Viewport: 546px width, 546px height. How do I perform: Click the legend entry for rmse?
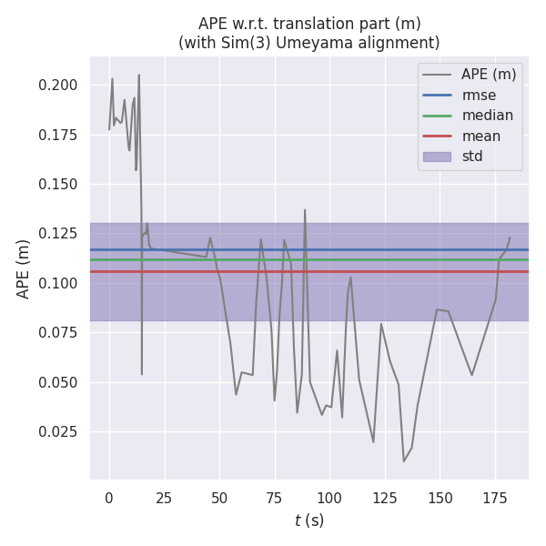point(479,96)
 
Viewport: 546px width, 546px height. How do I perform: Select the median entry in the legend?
point(487,116)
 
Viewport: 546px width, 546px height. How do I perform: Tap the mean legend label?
point(480,136)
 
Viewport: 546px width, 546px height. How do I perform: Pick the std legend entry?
point(472,156)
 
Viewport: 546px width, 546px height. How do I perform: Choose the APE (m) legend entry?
point(488,76)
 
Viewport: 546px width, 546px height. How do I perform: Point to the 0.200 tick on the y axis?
point(56,86)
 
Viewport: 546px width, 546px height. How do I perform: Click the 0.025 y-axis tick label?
point(56,431)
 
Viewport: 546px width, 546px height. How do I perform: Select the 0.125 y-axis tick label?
point(56,234)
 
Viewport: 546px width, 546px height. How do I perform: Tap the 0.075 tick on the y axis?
point(56,333)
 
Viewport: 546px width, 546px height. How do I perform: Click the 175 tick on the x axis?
point(496,498)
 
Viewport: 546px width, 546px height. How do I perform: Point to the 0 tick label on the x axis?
point(109,498)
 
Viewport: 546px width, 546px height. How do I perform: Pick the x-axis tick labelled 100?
point(330,498)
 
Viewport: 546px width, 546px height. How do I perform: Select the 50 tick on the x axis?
point(219,498)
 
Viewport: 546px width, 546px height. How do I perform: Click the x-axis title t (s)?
point(309,521)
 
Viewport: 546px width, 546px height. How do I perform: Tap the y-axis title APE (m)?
point(24,268)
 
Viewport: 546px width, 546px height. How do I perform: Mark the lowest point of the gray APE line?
point(404,461)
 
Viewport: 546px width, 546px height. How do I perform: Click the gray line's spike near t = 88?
point(305,210)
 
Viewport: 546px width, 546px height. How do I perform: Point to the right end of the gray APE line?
point(510,238)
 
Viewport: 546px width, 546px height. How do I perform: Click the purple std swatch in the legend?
point(436,156)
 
